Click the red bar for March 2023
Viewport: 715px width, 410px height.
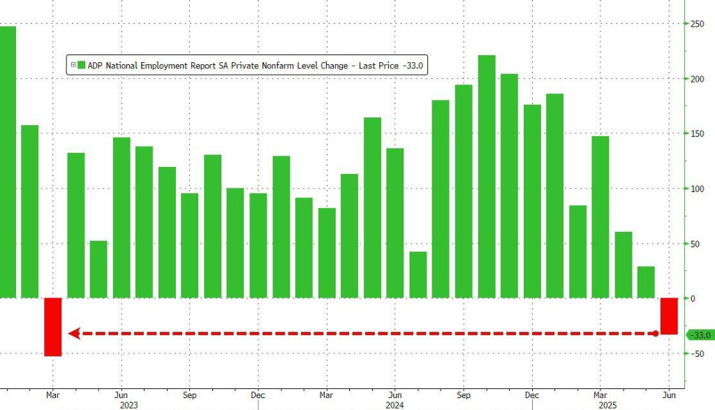(x=53, y=326)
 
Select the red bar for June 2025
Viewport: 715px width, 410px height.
(x=670, y=316)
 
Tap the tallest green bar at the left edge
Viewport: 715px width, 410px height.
(x=7, y=161)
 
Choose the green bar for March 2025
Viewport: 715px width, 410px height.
(x=600, y=217)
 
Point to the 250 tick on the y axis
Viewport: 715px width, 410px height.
(x=696, y=24)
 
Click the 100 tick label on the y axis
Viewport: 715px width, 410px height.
(x=696, y=189)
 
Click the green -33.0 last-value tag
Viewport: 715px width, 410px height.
(x=700, y=335)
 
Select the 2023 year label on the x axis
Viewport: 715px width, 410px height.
(x=128, y=404)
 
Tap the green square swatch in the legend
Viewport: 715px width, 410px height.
(x=82, y=66)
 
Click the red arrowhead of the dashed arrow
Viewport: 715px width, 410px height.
(x=73, y=334)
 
